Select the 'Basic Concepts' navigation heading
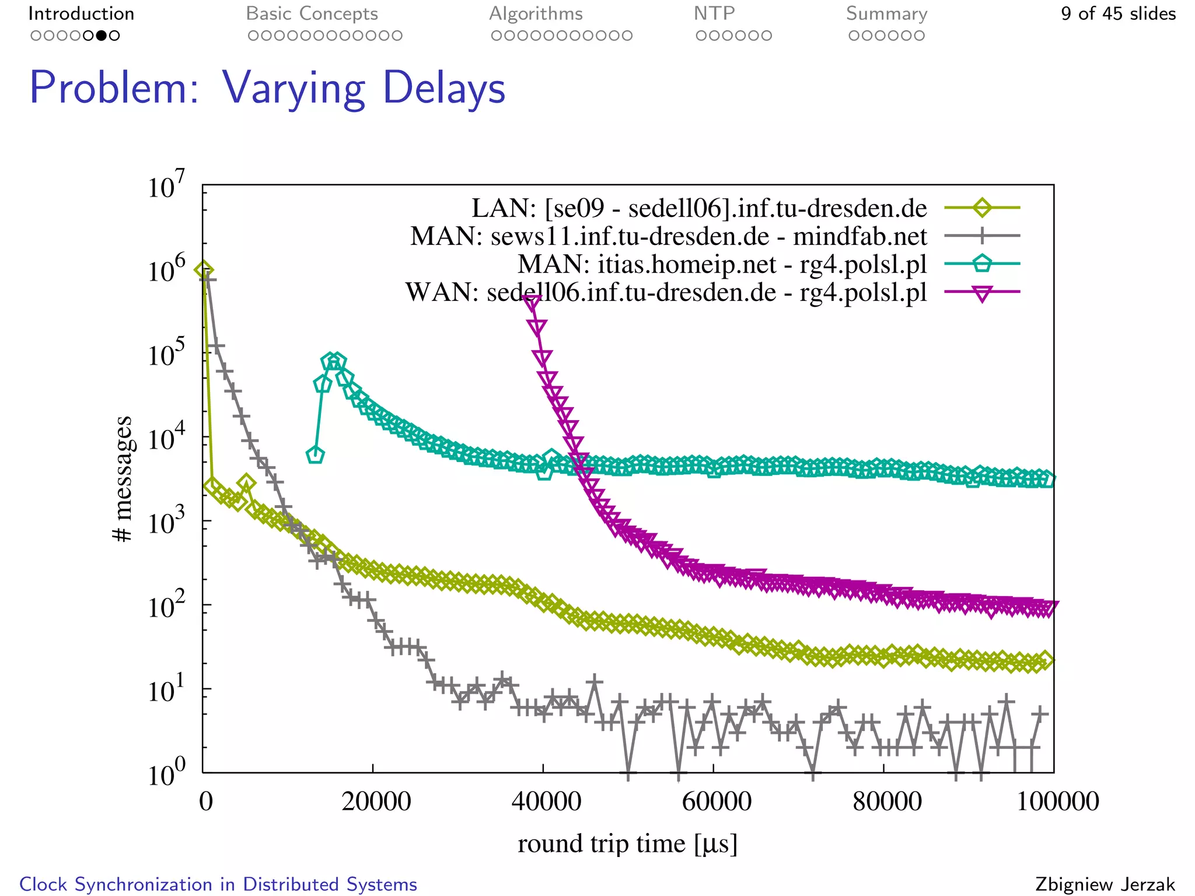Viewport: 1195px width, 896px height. click(312, 13)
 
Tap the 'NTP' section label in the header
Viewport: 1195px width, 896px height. click(714, 13)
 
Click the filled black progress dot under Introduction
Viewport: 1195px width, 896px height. click(102, 36)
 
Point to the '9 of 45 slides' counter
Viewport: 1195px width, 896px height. click(1118, 13)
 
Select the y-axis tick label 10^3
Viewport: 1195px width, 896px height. click(166, 521)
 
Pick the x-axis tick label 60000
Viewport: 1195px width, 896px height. click(716, 801)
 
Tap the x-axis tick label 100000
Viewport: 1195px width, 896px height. click(1057, 801)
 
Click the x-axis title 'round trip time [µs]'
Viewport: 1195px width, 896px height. click(627, 843)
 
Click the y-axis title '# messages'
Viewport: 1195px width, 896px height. click(123, 478)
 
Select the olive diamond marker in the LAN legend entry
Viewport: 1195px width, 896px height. click(982, 208)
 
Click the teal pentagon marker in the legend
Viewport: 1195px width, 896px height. click(982, 264)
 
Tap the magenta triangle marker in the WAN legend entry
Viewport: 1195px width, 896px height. click(982, 293)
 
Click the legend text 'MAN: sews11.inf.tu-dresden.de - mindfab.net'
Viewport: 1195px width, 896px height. click(668, 236)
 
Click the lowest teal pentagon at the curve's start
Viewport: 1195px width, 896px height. click(315, 455)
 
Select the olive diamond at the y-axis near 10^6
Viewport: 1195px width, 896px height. click(204, 270)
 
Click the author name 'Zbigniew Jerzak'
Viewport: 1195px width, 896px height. click(1105, 884)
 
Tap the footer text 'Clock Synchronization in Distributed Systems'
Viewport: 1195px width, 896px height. click(218, 884)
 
